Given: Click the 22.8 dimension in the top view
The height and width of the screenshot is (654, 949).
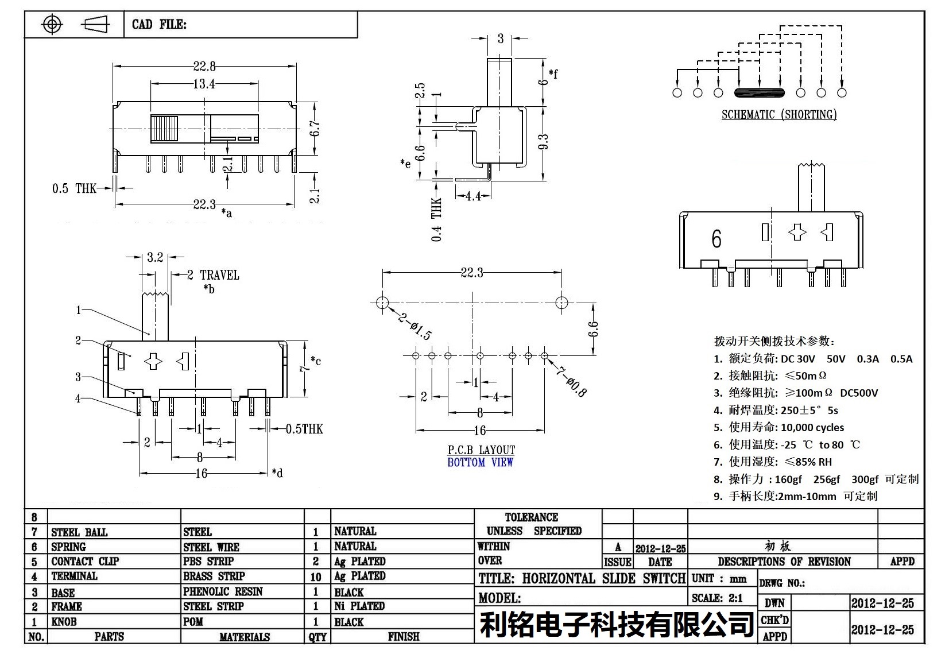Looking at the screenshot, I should click(204, 66).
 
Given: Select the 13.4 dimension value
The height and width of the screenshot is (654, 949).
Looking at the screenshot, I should click(204, 84).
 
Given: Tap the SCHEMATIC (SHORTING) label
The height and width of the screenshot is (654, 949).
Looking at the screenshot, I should click(778, 115).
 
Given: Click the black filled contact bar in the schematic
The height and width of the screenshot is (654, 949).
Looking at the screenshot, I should click(758, 92).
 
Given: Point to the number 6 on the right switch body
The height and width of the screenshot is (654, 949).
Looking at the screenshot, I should click(716, 239).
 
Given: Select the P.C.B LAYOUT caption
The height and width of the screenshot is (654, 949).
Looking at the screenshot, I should click(481, 450).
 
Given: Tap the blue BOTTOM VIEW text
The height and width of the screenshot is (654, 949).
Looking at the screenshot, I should click(480, 462).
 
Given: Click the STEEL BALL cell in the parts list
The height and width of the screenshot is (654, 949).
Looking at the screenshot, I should click(79, 532).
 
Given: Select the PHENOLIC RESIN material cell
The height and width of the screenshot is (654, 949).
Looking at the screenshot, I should click(223, 591).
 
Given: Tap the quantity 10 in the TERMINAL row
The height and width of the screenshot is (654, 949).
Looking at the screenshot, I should click(316, 576).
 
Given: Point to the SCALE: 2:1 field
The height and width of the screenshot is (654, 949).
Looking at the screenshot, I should click(717, 598).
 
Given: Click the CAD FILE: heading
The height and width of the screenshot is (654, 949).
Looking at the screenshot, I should click(159, 24).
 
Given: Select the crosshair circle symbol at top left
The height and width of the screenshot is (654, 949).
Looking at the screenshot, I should click(52, 24).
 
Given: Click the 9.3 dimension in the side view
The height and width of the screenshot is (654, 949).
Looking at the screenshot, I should click(544, 141).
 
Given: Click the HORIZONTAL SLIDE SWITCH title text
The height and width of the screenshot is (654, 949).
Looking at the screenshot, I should click(603, 578).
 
